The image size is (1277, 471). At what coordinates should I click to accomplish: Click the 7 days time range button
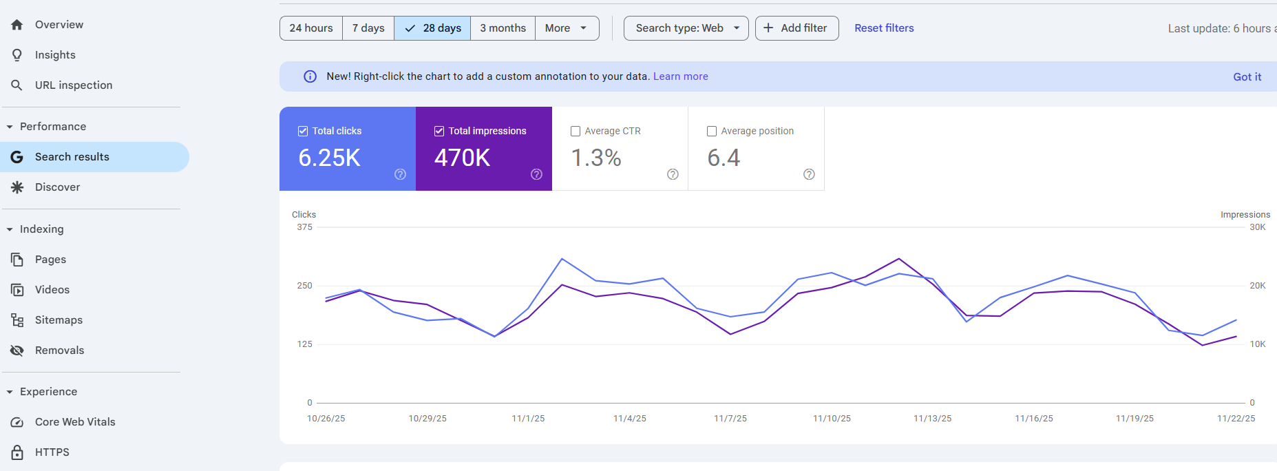pyautogui.click(x=368, y=28)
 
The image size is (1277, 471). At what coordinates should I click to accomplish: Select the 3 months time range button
pyautogui.click(x=503, y=28)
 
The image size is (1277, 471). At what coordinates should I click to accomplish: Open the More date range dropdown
pyautogui.click(x=566, y=28)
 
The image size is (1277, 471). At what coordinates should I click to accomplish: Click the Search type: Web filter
pyautogui.click(x=686, y=28)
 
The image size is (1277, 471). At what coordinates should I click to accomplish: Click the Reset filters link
pyautogui.click(x=884, y=28)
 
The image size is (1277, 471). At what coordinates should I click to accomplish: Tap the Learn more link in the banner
pyautogui.click(x=680, y=76)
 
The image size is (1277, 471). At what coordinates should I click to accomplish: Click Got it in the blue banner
pyautogui.click(x=1247, y=77)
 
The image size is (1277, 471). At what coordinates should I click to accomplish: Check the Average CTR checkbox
pyautogui.click(x=576, y=132)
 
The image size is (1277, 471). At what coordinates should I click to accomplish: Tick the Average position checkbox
pyautogui.click(x=712, y=132)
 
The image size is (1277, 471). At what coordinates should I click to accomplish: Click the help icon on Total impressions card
pyautogui.click(x=536, y=174)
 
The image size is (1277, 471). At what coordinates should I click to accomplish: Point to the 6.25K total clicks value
pyautogui.click(x=329, y=158)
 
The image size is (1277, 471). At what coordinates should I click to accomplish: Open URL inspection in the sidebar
pyautogui.click(x=73, y=85)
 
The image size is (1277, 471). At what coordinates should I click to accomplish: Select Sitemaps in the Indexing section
pyautogui.click(x=59, y=320)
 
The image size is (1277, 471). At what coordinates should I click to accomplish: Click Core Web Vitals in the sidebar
pyautogui.click(x=75, y=422)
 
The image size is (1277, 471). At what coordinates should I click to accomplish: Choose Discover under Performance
pyautogui.click(x=57, y=187)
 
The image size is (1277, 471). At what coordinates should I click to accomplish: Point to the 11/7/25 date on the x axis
pyautogui.click(x=730, y=419)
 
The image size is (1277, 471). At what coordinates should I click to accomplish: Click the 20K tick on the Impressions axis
pyautogui.click(x=1257, y=286)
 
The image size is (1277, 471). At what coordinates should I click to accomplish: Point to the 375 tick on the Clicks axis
pyautogui.click(x=304, y=227)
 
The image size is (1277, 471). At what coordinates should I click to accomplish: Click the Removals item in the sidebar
pyautogui.click(x=59, y=350)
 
